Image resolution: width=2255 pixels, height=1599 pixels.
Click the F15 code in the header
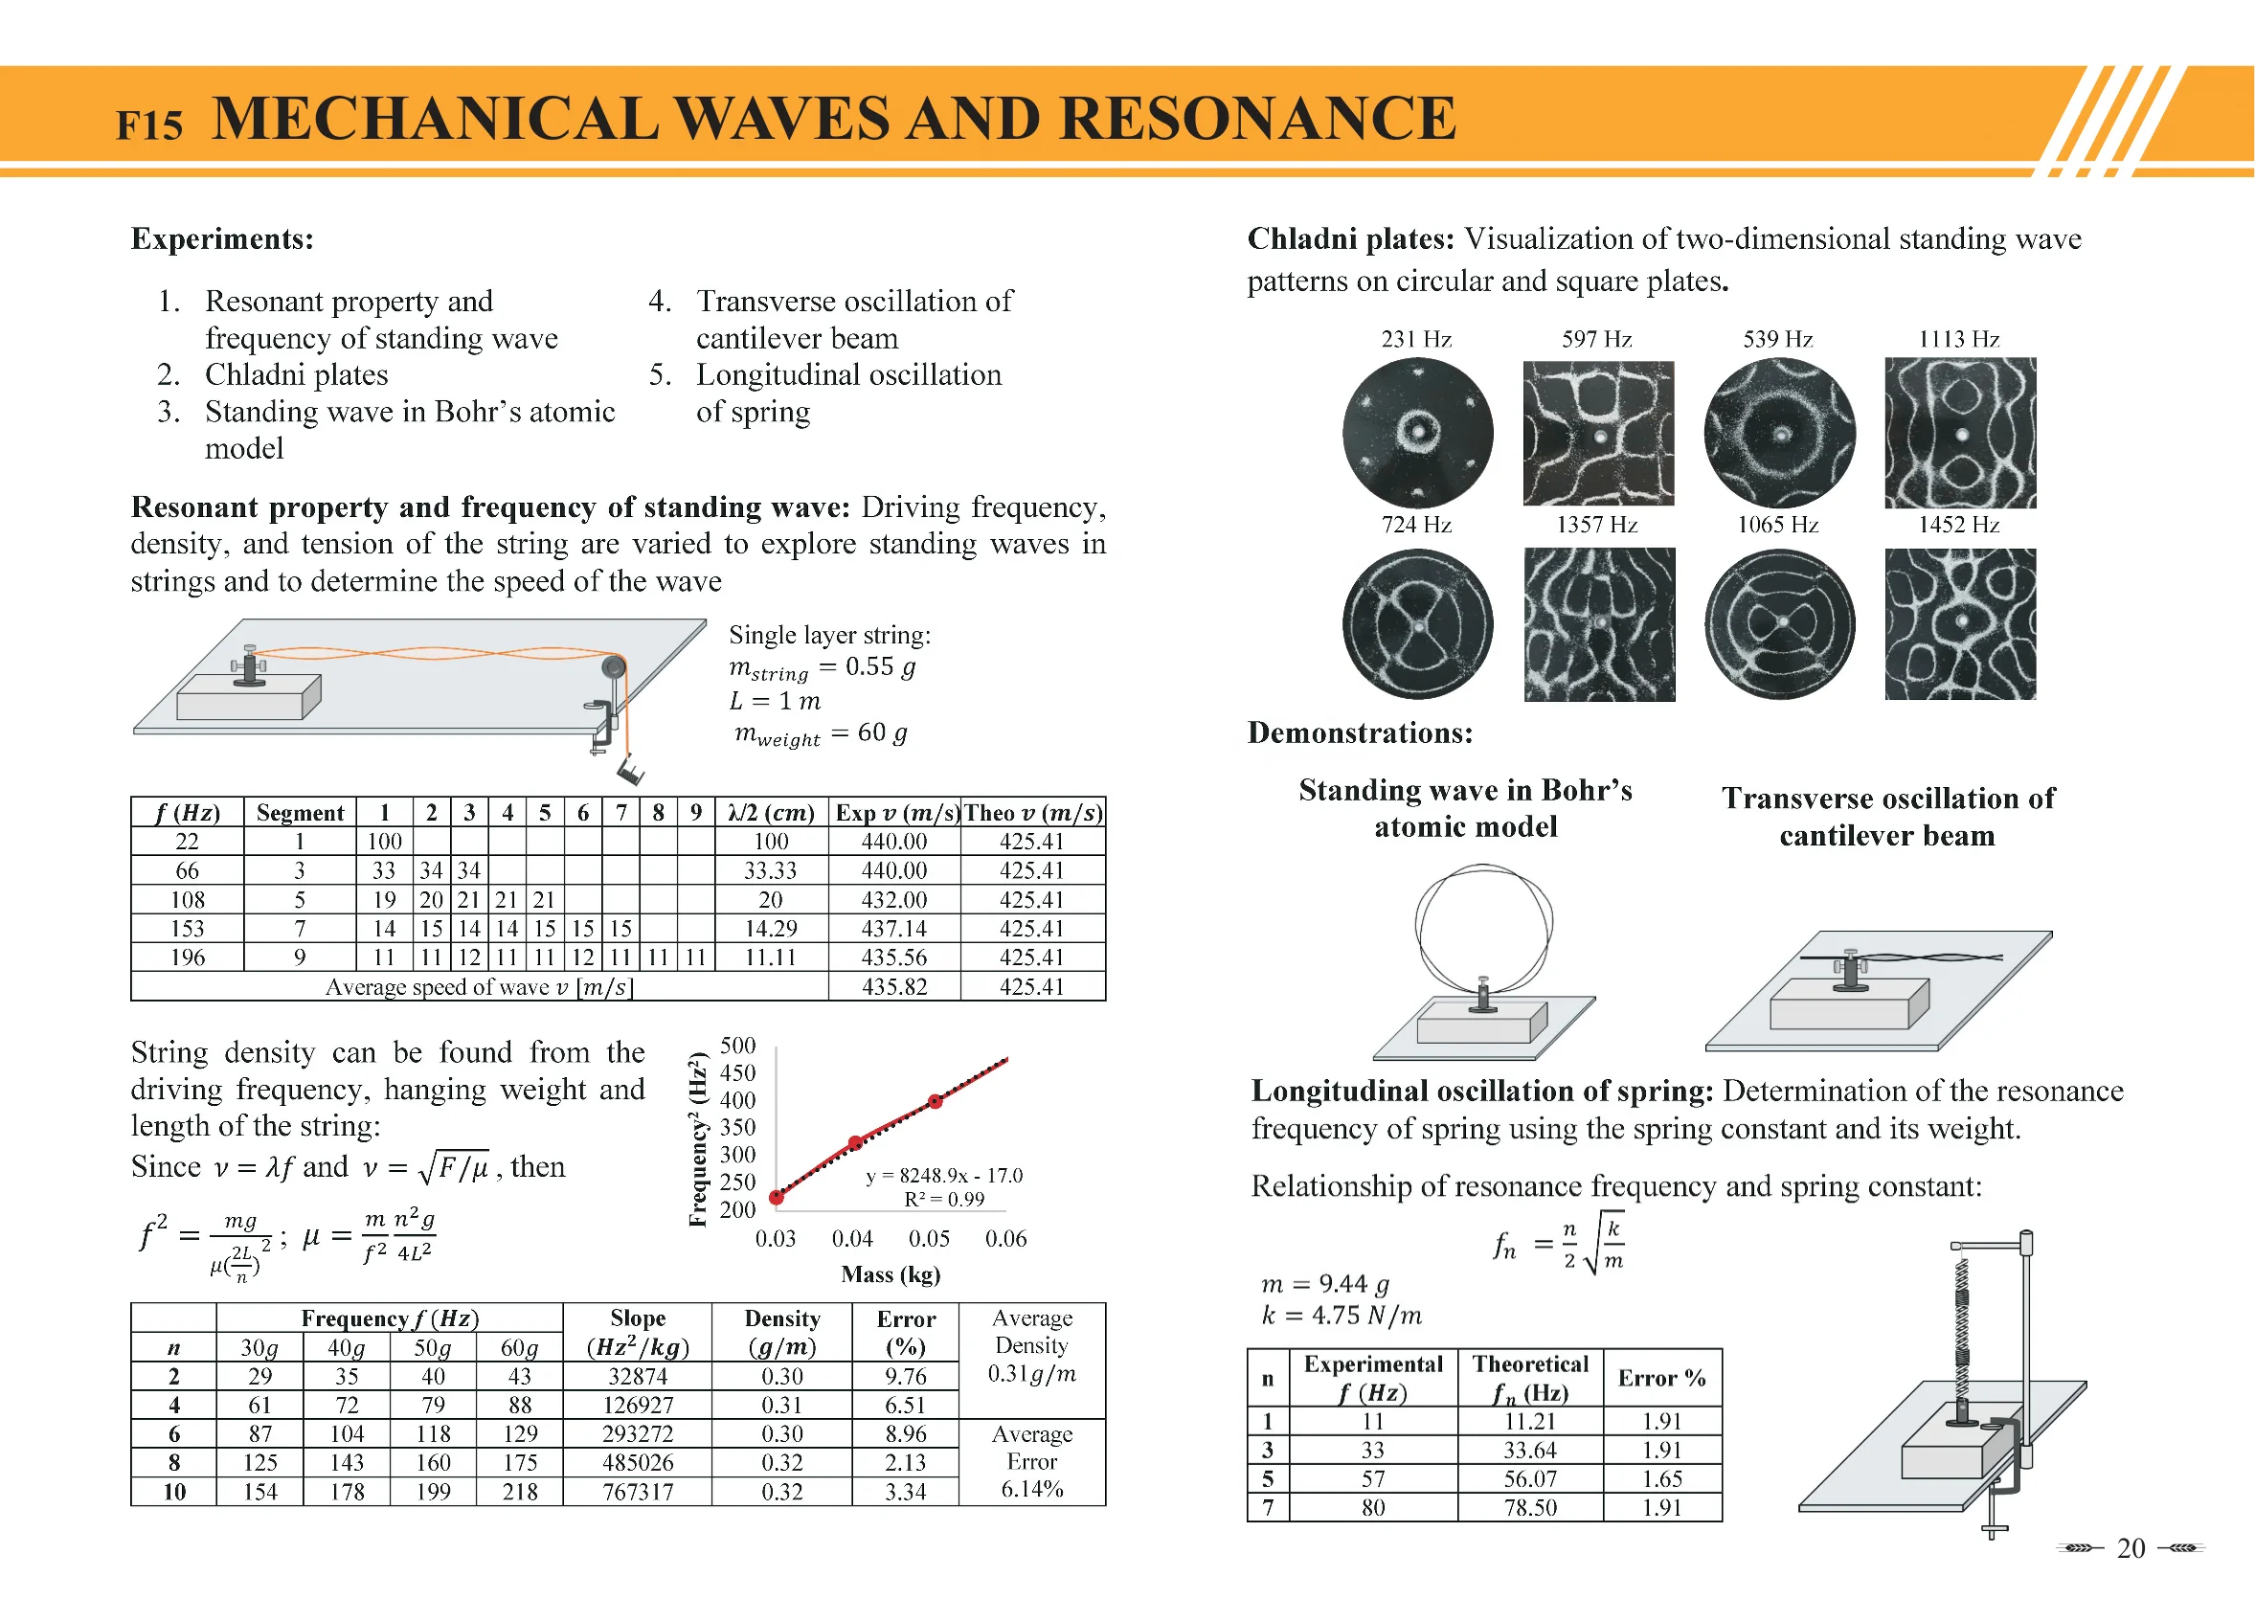[148, 125]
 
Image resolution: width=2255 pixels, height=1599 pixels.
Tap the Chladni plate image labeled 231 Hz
[1417, 432]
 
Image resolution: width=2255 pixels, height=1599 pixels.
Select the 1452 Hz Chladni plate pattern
[1959, 624]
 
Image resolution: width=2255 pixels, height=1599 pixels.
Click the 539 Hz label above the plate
[1777, 340]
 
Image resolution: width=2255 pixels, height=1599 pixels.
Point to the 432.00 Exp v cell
[893, 900]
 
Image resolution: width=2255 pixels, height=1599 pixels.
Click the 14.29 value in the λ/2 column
[770, 929]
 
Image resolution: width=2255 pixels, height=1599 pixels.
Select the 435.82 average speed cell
[893, 986]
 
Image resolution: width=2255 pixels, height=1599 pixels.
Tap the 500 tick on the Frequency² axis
[737, 1046]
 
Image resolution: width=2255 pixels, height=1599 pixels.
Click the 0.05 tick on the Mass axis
[929, 1239]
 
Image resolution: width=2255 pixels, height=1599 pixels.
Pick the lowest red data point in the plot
[776, 1197]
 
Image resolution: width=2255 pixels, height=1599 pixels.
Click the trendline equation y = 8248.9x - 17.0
[943, 1176]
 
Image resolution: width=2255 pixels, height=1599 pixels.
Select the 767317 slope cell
[637, 1492]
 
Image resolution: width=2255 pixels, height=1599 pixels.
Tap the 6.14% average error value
[1031, 1489]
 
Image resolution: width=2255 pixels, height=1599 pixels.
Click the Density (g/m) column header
[782, 1332]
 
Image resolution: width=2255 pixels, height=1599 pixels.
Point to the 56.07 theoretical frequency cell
[1529, 1479]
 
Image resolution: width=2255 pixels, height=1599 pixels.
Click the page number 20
[2130, 1549]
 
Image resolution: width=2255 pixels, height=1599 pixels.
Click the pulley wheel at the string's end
[614, 667]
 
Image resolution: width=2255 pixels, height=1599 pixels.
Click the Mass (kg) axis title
[891, 1275]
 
